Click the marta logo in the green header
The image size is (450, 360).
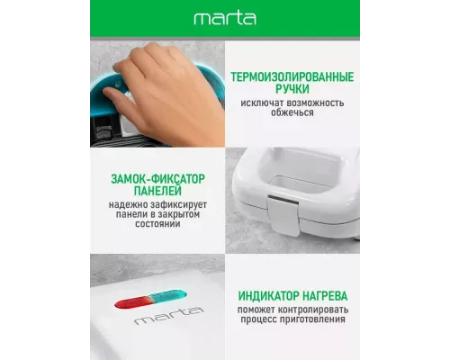[x=224, y=18]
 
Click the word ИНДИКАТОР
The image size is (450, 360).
[x=267, y=294]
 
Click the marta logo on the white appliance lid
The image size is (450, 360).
[x=157, y=319]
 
